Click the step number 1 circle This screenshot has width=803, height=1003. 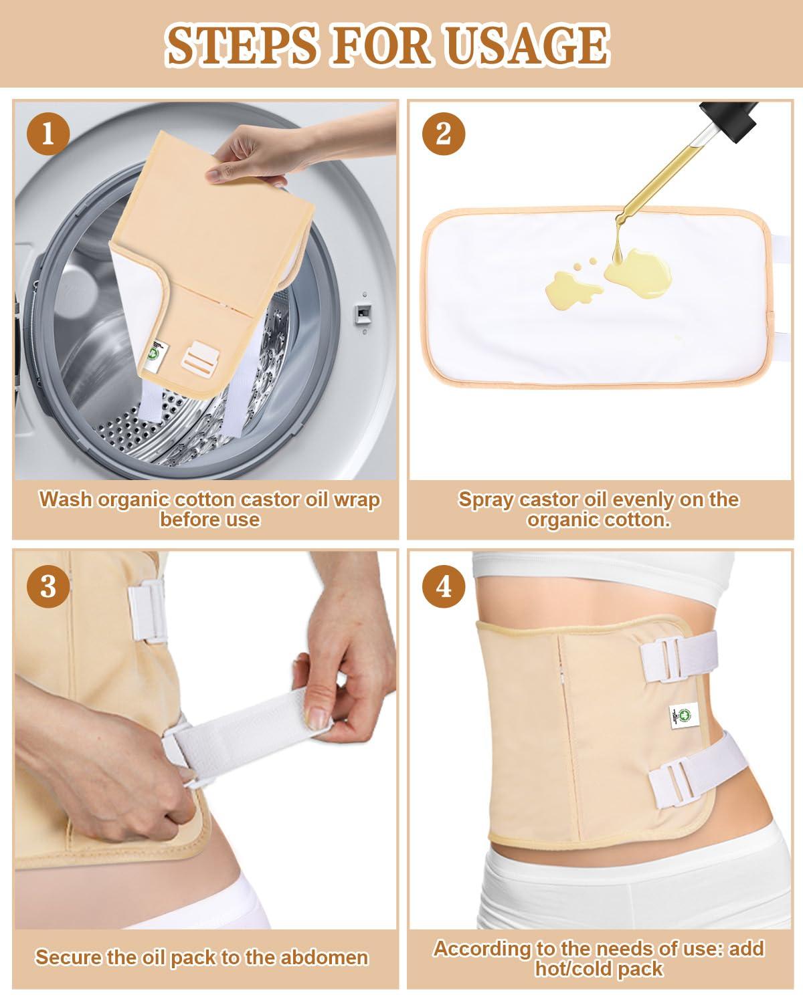click(48, 134)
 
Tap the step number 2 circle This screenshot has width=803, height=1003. click(443, 134)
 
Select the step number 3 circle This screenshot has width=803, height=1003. click(48, 586)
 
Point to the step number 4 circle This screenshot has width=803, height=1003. click(443, 586)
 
